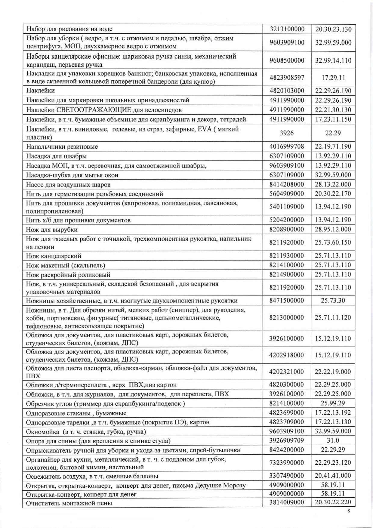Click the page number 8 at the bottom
click(x=348, y=510)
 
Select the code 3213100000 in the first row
click(x=287, y=29)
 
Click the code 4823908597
click(x=287, y=78)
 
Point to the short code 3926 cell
click(x=287, y=133)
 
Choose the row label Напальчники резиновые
click(x=62, y=147)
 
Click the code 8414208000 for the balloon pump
click(x=287, y=184)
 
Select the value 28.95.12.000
click(x=333, y=229)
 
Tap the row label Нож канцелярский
click(x=54, y=256)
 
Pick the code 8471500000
click(x=287, y=301)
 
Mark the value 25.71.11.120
click(x=333, y=317)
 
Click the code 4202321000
click(x=287, y=372)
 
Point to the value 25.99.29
click(x=333, y=403)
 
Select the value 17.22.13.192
click(x=333, y=412)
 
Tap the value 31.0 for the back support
click(x=333, y=440)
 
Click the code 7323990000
click(x=287, y=463)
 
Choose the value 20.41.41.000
click(x=333, y=476)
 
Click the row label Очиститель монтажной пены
click(x=69, y=503)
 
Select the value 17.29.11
click(x=333, y=78)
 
